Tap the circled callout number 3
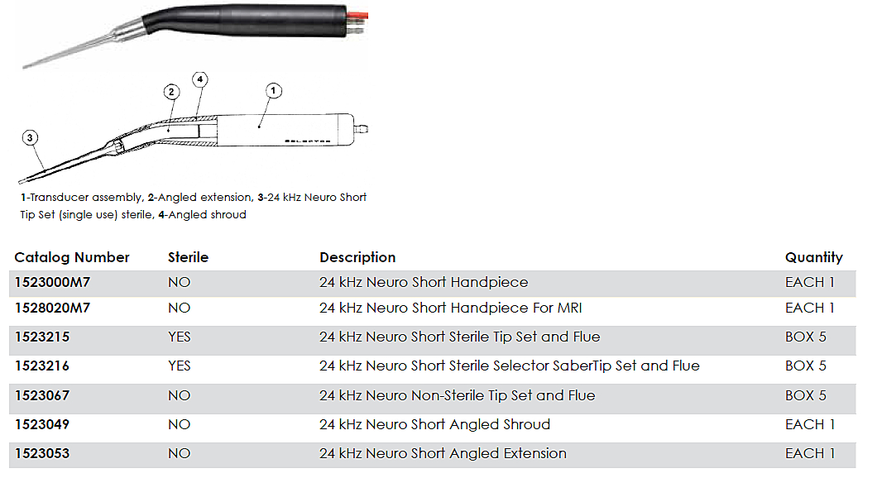point(30,139)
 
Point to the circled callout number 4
point(199,79)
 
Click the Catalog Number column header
point(72,257)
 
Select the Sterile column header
point(188,257)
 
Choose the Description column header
point(357,257)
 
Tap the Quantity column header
point(813,257)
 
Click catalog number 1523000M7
point(52,282)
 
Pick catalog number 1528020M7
point(52,308)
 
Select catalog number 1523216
point(42,366)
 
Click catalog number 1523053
point(42,453)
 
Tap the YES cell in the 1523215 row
point(180,337)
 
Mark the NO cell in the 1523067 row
point(179,395)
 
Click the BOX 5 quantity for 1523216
point(805,366)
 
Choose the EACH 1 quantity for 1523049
point(809,424)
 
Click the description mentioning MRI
point(451,308)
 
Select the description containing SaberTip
point(509,366)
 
